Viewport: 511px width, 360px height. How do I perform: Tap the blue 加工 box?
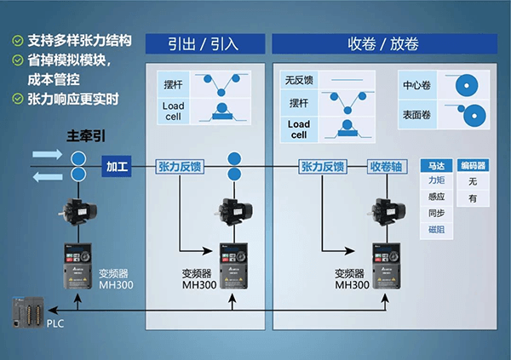116,166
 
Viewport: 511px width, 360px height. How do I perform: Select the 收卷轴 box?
390,166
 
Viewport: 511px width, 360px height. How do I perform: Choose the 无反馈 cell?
297,81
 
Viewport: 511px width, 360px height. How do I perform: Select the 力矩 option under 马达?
436,181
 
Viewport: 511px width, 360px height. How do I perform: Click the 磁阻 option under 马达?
436,230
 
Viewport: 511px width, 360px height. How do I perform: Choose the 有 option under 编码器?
474,198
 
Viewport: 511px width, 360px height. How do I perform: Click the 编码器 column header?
474,166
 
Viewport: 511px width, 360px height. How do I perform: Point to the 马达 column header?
436,166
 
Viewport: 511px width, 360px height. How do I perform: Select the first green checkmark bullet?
16,39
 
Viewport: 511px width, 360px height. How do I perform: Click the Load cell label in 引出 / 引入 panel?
174,111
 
